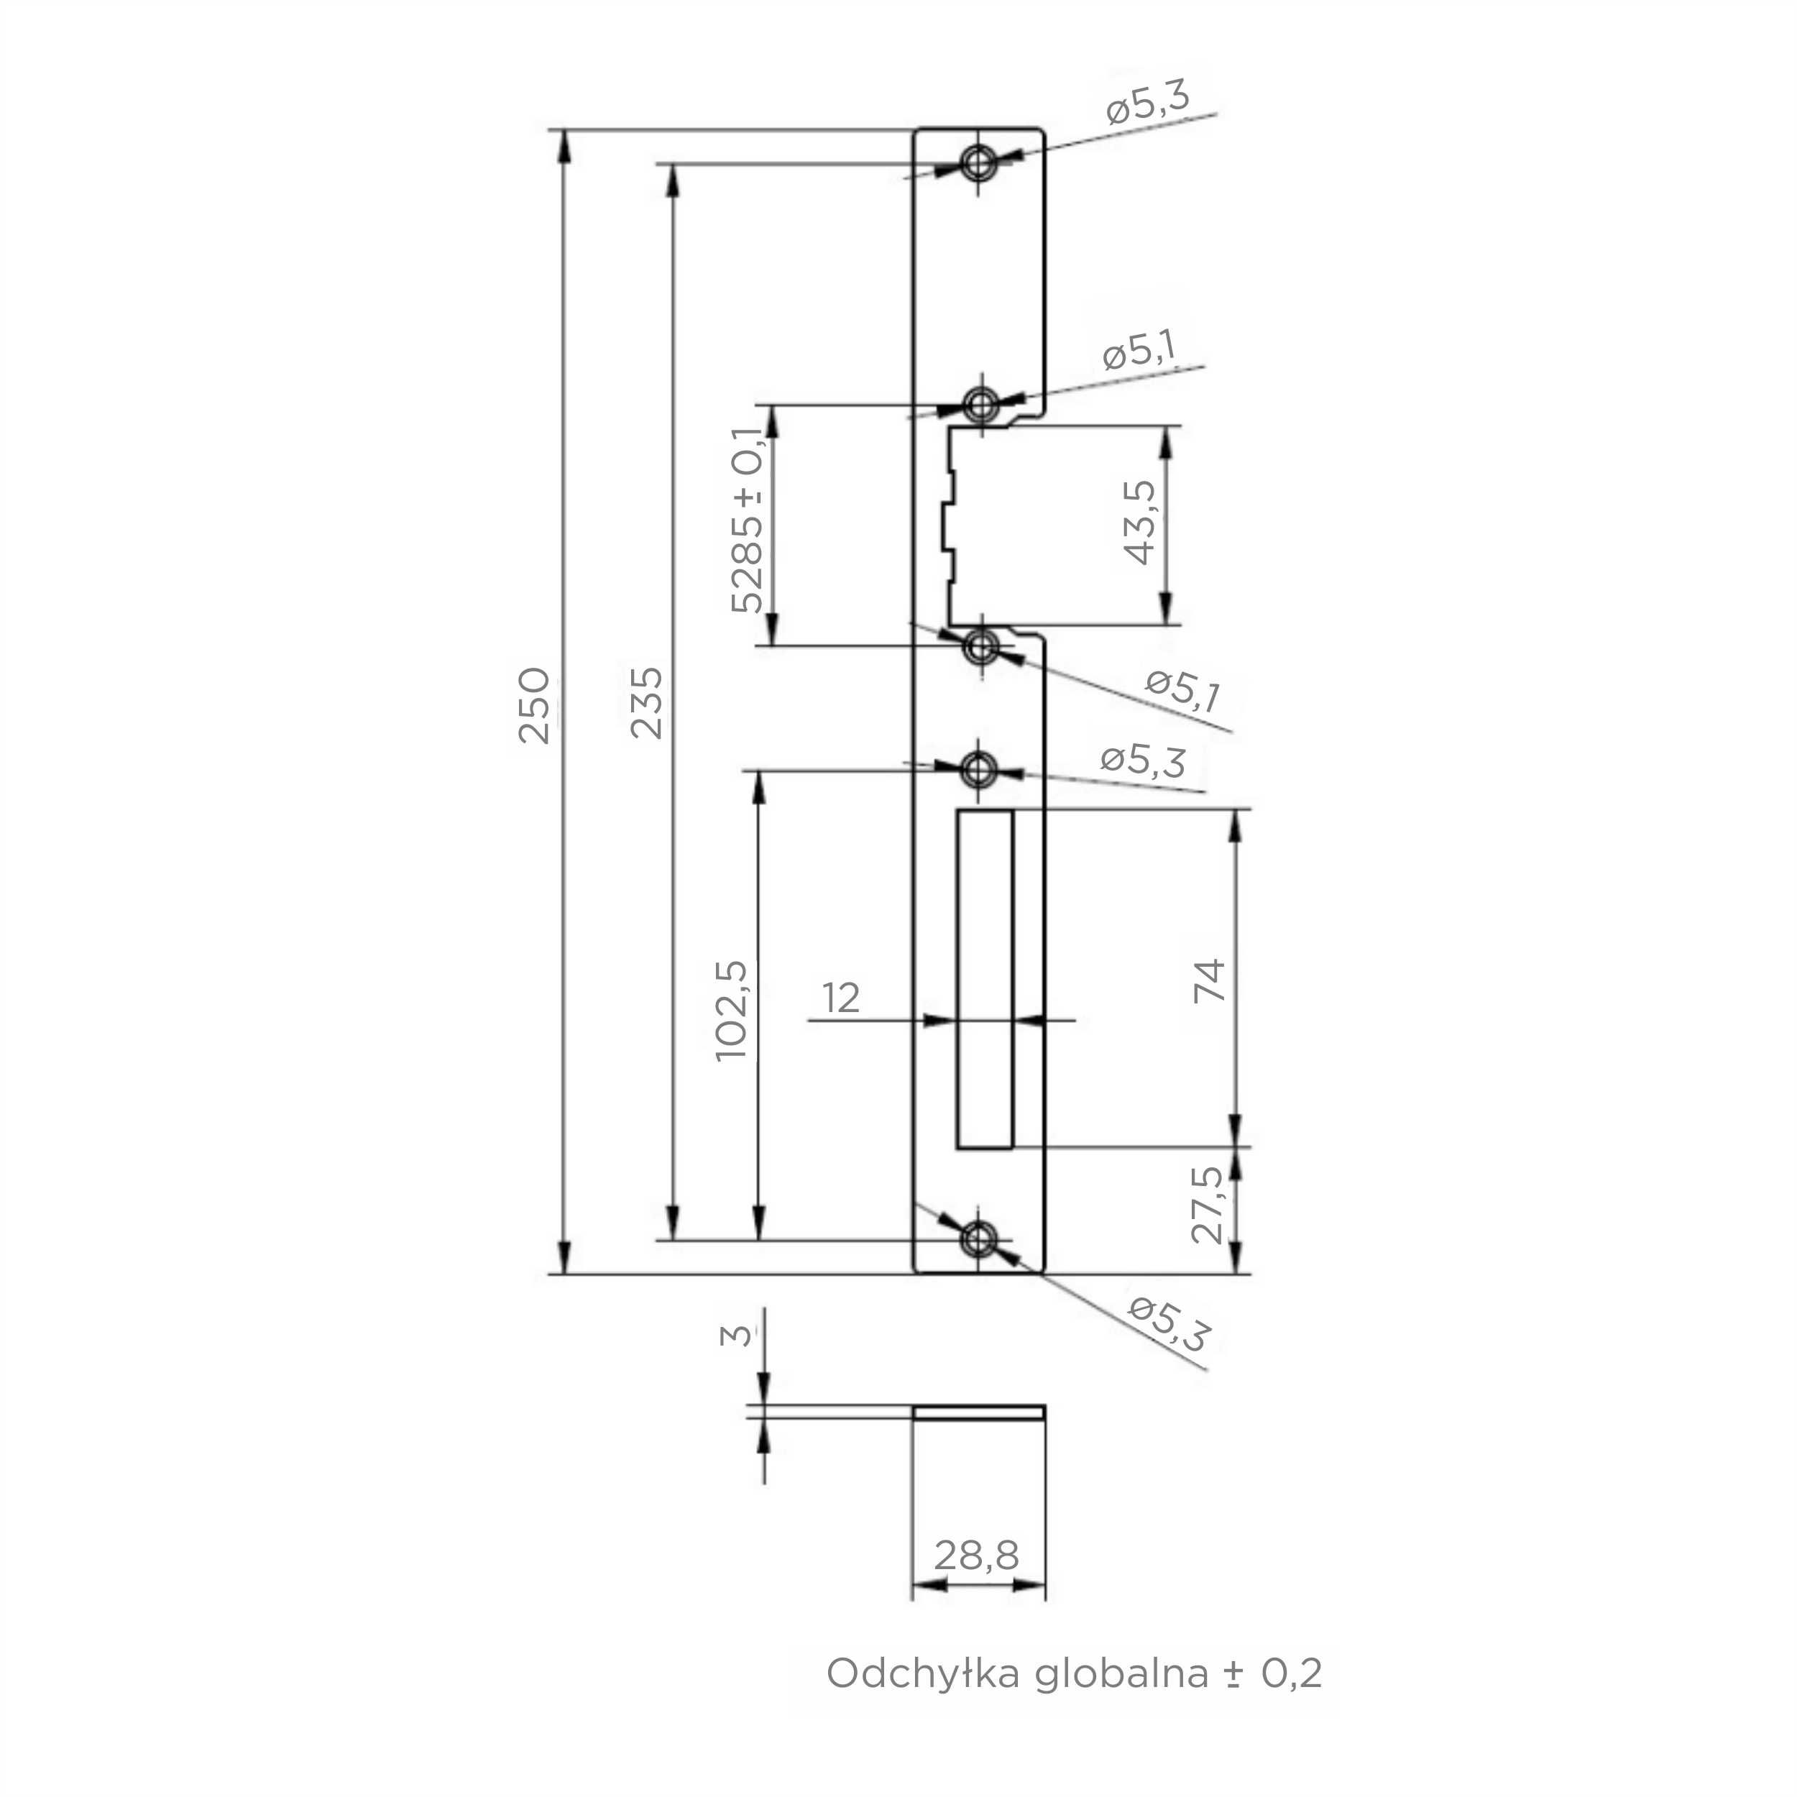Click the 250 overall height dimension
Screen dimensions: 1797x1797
534,704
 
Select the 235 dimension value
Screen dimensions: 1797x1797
646,702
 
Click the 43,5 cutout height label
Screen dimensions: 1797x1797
1139,523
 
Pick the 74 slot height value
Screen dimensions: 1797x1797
1210,980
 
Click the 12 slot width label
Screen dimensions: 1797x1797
841,998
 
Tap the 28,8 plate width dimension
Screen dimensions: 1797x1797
977,1554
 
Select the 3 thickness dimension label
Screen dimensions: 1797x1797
736,1336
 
